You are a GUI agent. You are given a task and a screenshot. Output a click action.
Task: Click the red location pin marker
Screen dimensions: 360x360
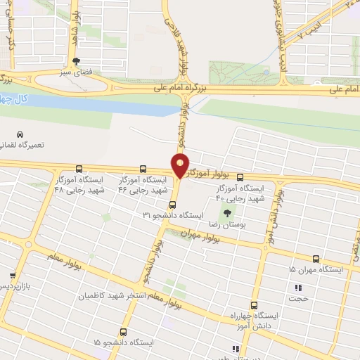click(180, 166)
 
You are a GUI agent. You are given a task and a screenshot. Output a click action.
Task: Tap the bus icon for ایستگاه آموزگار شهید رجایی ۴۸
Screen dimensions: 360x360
click(78, 169)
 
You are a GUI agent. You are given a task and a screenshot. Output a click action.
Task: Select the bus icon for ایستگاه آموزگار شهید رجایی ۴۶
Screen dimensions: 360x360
click(143, 169)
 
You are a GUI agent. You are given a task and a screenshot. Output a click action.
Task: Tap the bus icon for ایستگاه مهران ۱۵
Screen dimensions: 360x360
click(316, 259)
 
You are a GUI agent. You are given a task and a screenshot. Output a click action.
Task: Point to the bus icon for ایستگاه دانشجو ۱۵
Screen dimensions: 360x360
click(123, 331)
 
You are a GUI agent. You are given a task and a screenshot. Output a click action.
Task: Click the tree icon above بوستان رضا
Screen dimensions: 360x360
click(226, 212)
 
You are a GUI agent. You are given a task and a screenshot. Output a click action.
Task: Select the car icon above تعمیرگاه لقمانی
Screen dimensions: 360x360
click(20, 134)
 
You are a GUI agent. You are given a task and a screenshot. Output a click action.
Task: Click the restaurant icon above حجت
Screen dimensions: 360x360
click(298, 287)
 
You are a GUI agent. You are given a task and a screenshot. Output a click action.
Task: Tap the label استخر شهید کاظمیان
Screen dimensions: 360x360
click(150, 293)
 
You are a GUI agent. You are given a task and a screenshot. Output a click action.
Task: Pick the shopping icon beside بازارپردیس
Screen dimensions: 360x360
click(12, 276)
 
